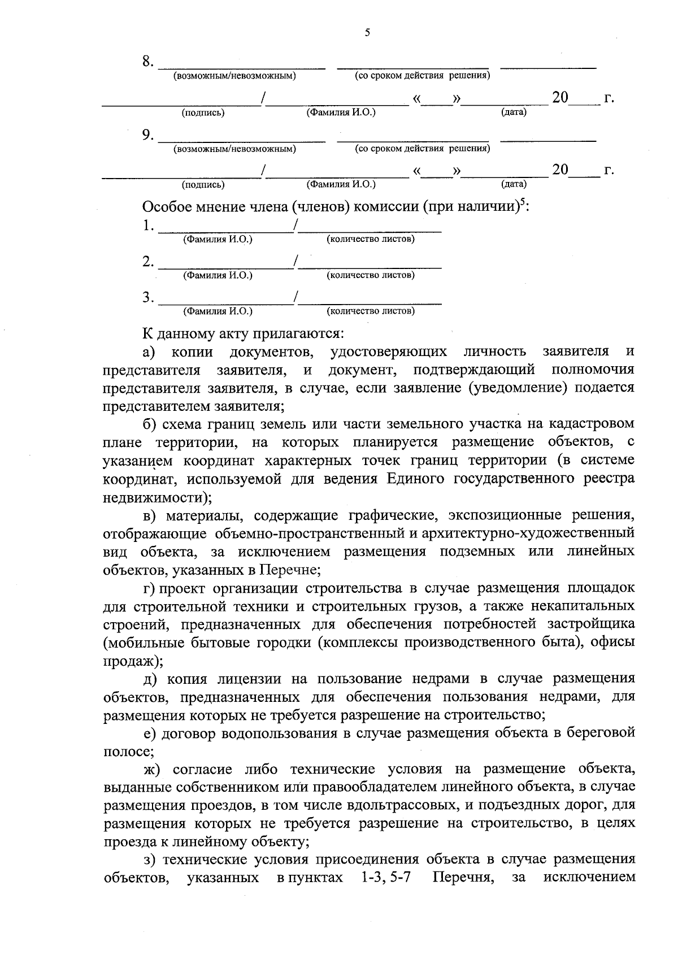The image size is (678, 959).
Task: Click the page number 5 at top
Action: tap(367, 33)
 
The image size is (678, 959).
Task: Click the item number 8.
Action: tap(147, 62)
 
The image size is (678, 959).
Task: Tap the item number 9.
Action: tap(147, 134)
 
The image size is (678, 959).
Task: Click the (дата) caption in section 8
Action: tap(514, 112)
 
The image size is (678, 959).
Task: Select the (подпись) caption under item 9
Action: tap(203, 184)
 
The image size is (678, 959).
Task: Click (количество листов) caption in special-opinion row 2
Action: tap(371, 275)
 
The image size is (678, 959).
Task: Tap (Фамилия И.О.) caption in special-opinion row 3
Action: tap(218, 311)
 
